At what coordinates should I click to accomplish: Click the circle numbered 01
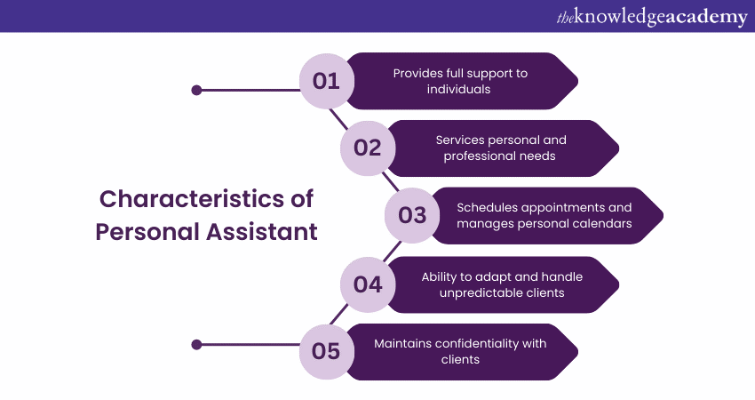pyautogui.click(x=327, y=81)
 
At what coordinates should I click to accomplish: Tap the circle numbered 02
pyautogui.click(x=367, y=148)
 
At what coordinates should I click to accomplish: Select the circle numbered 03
pyautogui.click(x=412, y=215)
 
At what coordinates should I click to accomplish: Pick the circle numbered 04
pyautogui.click(x=367, y=284)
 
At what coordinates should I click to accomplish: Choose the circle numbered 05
pyautogui.click(x=327, y=351)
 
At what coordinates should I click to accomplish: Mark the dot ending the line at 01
pyautogui.click(x=197, y=90)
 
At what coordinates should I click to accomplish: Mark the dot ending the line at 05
pyautogui.click(x=197, y=345)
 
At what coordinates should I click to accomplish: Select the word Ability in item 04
pyautogui.click(x=441, y=276)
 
